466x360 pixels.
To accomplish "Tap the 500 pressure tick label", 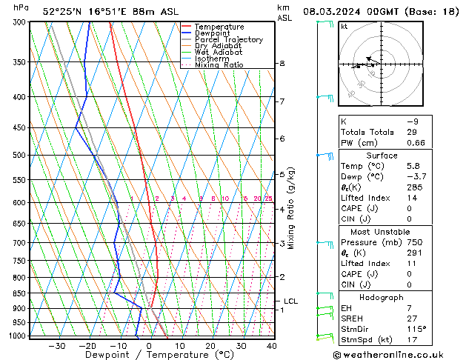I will point(20,156).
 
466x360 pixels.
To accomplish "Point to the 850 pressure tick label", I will point(20,293).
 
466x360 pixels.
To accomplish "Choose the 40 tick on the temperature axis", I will point(271,346).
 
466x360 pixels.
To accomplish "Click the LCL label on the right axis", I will point(290,301).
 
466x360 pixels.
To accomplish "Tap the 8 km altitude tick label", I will point(282,64).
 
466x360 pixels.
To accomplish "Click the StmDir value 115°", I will point(416,329).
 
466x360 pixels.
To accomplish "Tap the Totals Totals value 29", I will point(411,132).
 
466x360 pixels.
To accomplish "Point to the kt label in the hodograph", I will point(344,27).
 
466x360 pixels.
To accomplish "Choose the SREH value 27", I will point(411,318).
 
